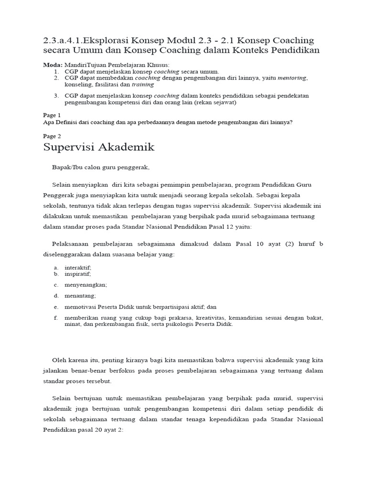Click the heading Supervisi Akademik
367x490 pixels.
tap(99, 147)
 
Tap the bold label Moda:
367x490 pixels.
tap(53, 65)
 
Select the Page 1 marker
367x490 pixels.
tap(52, 115)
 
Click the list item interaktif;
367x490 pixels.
tap(78, 267)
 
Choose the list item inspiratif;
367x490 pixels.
tap(78, 274)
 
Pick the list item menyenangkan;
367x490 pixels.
tap(86, 285)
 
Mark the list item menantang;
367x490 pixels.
tap(80, 296)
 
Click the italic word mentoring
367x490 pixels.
tap(292, 78)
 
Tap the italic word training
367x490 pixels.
tap(143, 84)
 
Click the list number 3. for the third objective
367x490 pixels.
tap(56, 95)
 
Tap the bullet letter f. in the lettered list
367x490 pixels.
tap(55, 318)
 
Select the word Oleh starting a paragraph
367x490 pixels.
tap(59, 359)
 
